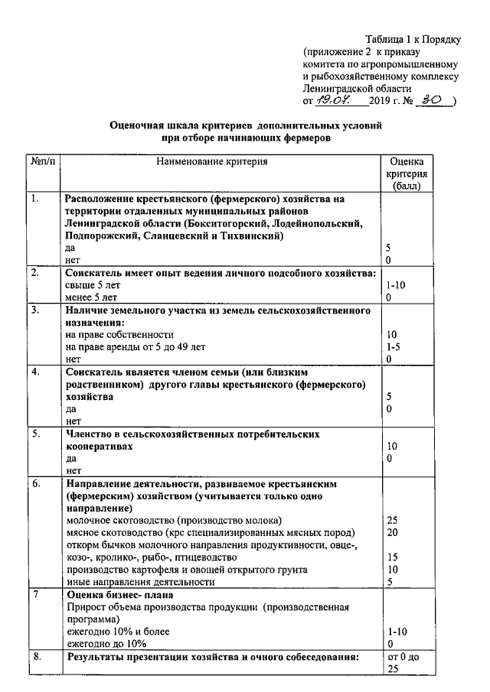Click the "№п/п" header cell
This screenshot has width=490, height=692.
click(45, 162)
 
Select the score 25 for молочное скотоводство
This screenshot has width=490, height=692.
click(393, 520)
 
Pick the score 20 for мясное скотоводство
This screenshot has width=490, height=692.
click(393, 532)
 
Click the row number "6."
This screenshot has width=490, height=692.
click(35, 484)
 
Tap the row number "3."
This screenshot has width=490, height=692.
click(35, 310)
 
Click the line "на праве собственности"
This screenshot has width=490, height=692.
click(120, 335)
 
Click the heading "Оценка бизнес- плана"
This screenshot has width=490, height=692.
click(120, 595)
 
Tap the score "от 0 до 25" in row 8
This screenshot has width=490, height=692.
click(400, 663)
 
